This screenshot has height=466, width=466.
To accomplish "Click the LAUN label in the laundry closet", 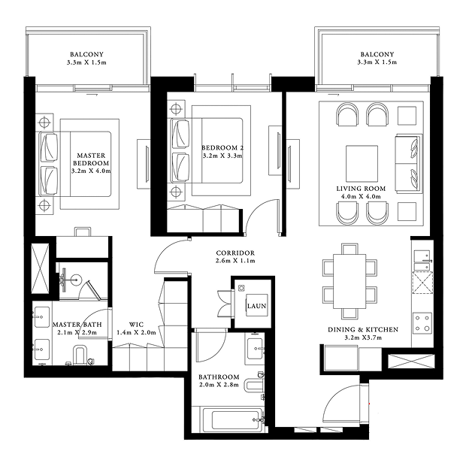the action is pyautogui.click(x=257, y=306).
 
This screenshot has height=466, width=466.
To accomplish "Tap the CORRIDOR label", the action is pyautogui.click(x=235, y=253).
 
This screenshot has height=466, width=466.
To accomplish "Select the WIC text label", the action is pyautogui.click(x=136, y=325).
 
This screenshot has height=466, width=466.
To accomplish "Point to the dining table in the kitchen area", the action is pyautogui.click(x=349, y=281).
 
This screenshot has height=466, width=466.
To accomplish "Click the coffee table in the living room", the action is pyautogui.click(x=362, y=163).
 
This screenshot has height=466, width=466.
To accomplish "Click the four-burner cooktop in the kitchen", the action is pyautogui.click(x=422, y=322).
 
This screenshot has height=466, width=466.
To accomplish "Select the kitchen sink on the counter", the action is pyautogui.click(x=422, y=260).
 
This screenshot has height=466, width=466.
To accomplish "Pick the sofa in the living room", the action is pyautogui.click(x=409, y=164).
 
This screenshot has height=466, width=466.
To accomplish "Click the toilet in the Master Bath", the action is pyautogui.click(x=79, y=355).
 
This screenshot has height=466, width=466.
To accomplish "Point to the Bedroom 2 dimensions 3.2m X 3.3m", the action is pyautogui.click(x=222, y=156).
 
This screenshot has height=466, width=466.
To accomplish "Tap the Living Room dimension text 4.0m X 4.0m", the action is pyautogui.click(x=361, y=196).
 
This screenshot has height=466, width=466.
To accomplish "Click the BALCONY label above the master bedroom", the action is pyautogui.click(x=86, y=54).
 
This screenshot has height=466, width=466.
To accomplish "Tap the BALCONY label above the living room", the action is pyautogui.click(x=377, y=54).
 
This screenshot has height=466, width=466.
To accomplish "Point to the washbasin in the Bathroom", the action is pyautogui.click(x=255, y=348).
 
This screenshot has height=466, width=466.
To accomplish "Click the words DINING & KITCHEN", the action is pyautogui.click(x=363, y=329).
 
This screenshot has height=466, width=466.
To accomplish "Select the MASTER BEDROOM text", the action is pyautogui.click(x=91, y=159).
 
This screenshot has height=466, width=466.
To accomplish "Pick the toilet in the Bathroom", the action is pyautogui.click(x=254, y=385).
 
